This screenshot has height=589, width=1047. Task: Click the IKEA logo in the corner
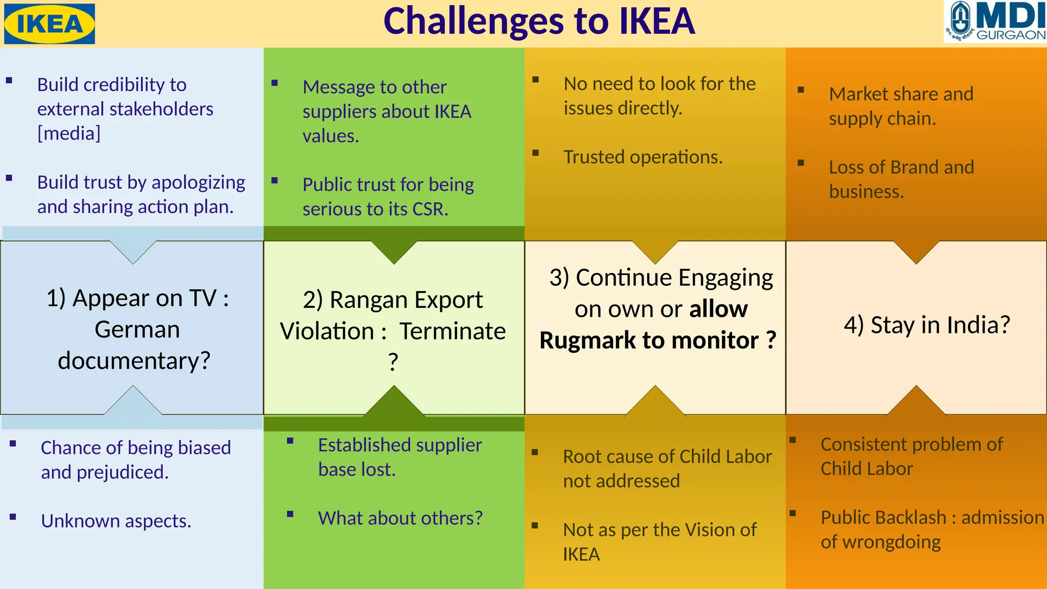[49, 24]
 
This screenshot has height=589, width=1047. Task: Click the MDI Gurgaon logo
[995, 22]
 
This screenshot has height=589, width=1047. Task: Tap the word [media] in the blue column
[69, 133]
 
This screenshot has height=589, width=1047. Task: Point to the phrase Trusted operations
[643, 157]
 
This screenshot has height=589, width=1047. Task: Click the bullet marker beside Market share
[801, 90]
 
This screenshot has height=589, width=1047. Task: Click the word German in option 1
[137, 330]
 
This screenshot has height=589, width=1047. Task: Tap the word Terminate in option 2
[452, 331]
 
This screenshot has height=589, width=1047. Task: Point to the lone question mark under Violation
[393, 362]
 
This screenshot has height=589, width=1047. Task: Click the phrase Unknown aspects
[116, 521]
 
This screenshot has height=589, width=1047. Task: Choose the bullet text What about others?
[400, 518]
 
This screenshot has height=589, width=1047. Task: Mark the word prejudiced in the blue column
[122, 472]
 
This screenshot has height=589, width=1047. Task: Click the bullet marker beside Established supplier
[290, 441]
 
